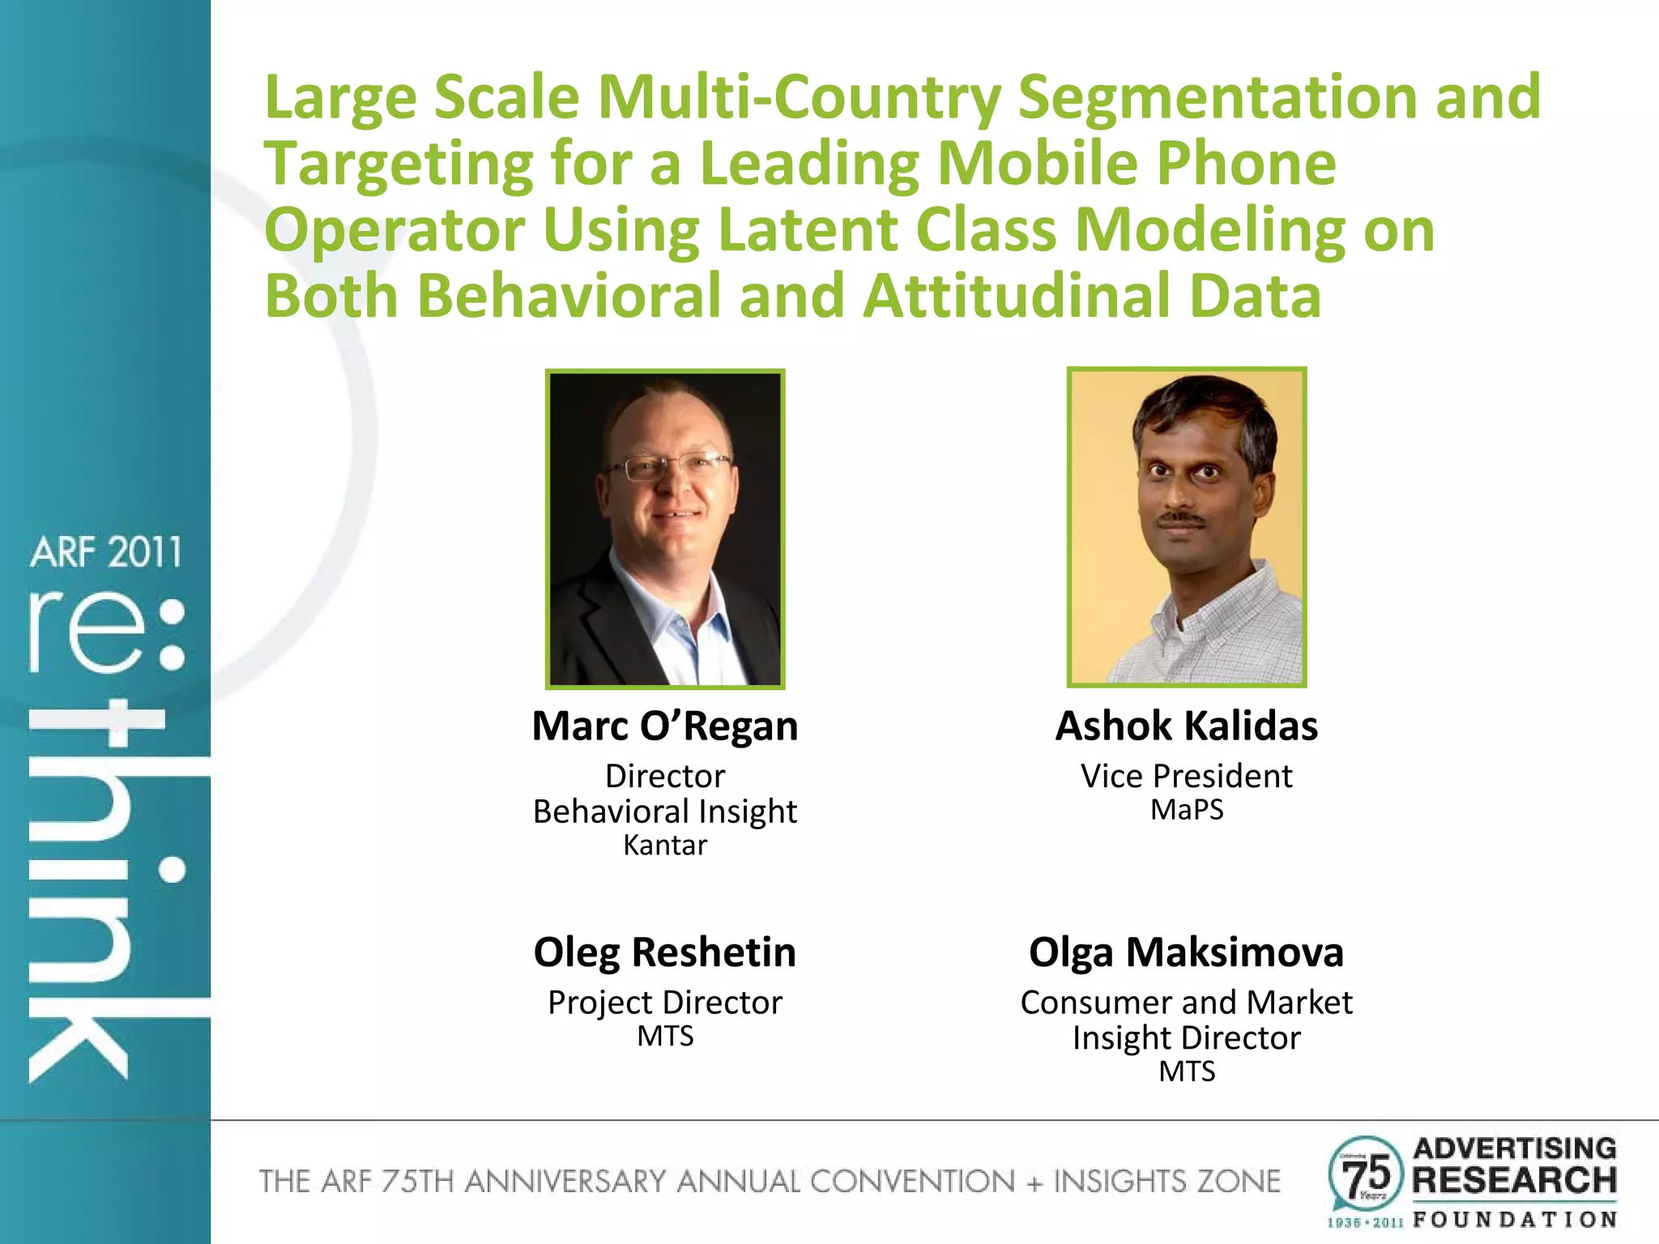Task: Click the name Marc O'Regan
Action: (x=664, y=726)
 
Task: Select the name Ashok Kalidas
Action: (x=1186, y=726)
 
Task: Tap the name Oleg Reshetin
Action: (x=664, y=952)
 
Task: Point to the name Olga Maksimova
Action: (x=1186, y=952)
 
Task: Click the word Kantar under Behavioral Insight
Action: (x=664, y=846)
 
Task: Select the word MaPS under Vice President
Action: (x=1186, y=810)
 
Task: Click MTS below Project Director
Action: (x=664, y=1037)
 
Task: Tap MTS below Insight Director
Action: (x=1186, y=1071)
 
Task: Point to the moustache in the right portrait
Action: (x=1180, y=517)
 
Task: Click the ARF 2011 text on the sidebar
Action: (x=105, y=553)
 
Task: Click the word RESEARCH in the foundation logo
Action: (x=1514, y=1180)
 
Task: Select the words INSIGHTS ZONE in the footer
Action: (x=1166, y=1182)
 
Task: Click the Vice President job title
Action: (x=1186, y=776)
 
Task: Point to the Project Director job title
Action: (x=664, y=1003)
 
